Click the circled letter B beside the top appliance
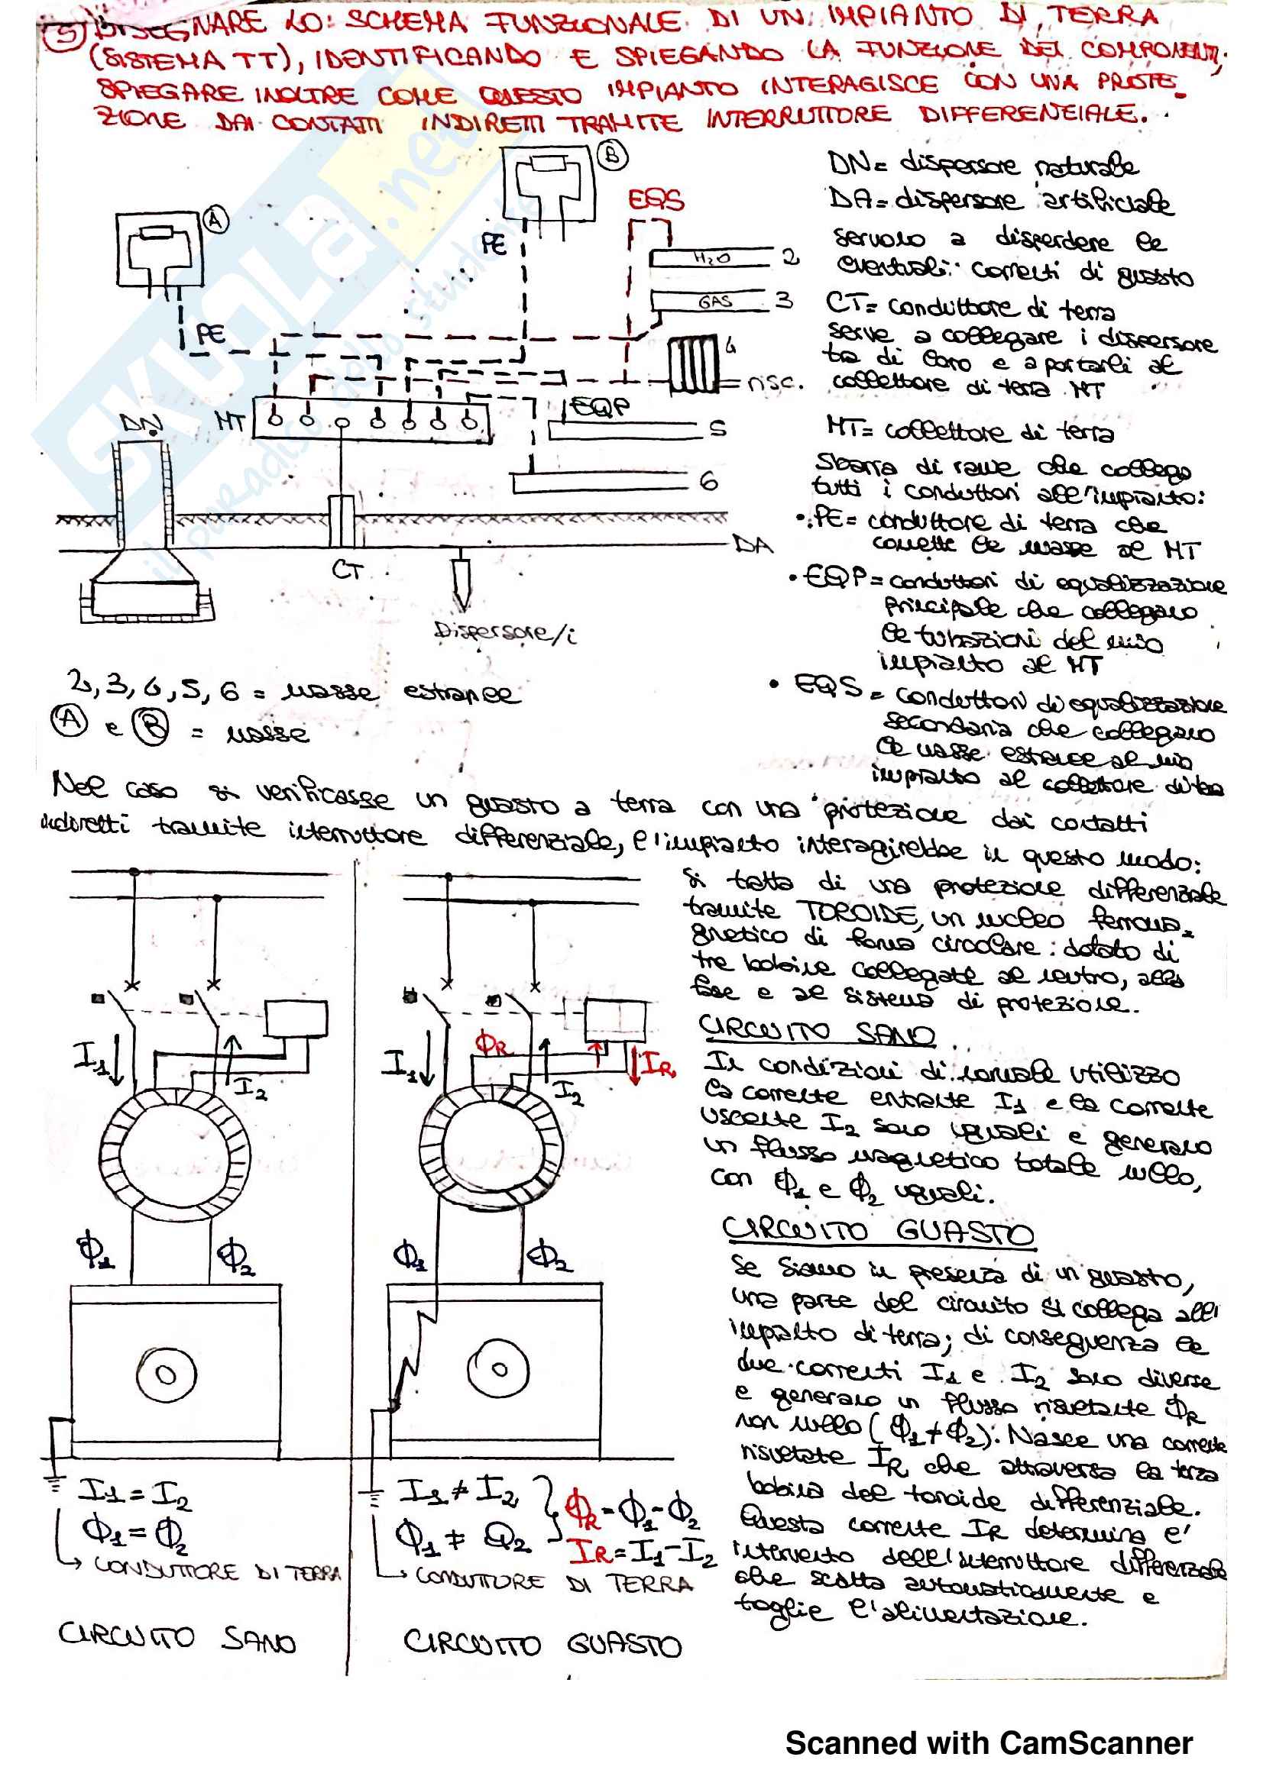(x=613, y=156)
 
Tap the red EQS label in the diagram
(x=656, y=201)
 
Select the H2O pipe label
(x=711, y=257)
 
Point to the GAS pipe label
(x=714, y=301)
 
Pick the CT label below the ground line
(x=346, y=570)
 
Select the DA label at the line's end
(x=754, y=544)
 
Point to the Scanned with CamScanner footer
(x=988, y=1743)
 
